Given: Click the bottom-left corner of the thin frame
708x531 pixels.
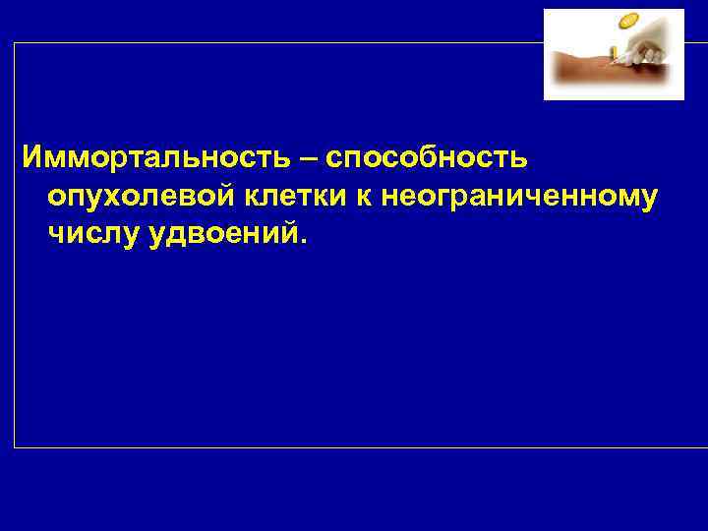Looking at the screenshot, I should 15,447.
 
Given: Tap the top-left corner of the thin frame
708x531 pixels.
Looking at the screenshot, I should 15,43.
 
